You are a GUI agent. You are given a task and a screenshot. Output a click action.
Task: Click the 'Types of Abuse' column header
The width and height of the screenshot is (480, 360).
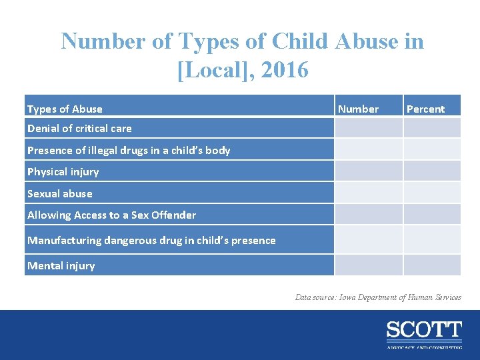65,109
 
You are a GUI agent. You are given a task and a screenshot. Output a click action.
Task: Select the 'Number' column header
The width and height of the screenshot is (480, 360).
358,109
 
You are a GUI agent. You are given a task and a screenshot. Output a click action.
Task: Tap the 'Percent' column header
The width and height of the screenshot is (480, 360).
425,109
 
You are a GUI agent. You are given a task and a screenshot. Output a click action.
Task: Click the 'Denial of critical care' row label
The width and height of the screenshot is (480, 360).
79,128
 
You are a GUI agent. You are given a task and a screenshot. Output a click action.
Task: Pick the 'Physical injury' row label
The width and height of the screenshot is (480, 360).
63,171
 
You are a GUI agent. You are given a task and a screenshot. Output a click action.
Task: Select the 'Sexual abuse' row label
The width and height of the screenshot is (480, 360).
60,193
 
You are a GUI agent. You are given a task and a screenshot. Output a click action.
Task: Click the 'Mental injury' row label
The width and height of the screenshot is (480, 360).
61,265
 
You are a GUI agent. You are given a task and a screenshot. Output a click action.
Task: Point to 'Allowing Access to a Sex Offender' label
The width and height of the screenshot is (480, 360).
111,215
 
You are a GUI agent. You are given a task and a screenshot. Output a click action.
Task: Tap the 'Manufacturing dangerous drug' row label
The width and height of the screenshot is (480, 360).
151,240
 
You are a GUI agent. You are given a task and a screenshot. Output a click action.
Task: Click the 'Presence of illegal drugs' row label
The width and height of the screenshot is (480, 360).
129,150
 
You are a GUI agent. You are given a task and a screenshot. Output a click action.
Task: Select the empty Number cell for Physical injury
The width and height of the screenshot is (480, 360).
368,171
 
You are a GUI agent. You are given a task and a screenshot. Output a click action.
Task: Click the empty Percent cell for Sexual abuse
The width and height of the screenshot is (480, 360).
431,193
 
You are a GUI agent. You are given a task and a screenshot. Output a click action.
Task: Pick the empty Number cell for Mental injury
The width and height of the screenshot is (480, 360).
368,265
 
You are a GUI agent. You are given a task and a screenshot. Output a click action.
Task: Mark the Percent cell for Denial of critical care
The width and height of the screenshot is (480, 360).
431,128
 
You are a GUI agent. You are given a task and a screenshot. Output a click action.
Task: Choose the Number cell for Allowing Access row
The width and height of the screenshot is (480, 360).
368,215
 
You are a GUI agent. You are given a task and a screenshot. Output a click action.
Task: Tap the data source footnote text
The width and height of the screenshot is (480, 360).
378,297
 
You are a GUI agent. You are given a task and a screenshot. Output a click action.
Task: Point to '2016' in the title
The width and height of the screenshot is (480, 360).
285,69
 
